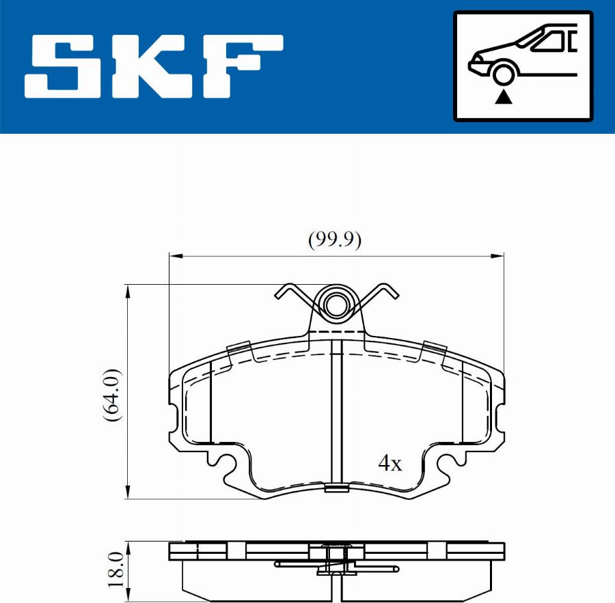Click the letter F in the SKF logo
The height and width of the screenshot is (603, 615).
(x=243, y=66)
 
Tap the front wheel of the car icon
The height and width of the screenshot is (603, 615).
(x=504, y=74)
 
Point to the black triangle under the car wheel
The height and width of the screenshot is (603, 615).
(x=504, y=96)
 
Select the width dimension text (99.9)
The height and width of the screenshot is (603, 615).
(x=335, y=240)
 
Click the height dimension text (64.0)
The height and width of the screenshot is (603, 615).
(x=111, y=395)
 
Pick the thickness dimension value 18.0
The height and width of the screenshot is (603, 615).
(x=116, y=570)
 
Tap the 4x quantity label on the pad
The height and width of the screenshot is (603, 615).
(x=390, y=463)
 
